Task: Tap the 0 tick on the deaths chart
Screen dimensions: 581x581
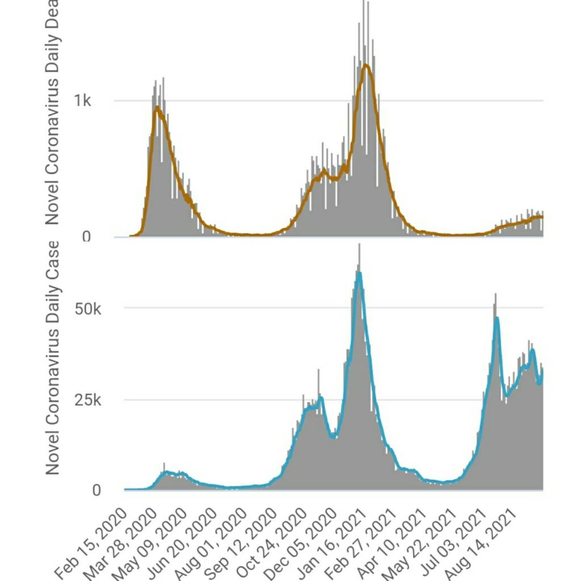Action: pos(86,237)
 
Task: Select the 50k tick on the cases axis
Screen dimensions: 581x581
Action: pos(89,309)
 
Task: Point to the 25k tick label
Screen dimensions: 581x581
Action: pos(89,400)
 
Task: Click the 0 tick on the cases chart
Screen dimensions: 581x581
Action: pos(96,490)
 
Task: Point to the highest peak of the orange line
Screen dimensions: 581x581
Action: pos(367,65)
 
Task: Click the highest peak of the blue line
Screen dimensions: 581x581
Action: pos(359,273)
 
